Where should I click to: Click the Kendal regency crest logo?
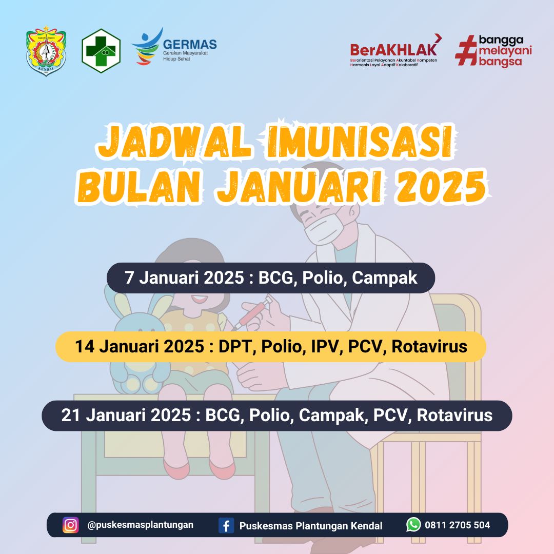(46, 51)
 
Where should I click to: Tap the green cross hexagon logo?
(101, 51)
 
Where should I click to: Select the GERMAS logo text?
(190, 45)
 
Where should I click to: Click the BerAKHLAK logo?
(395, 50)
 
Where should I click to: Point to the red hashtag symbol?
(466, 50)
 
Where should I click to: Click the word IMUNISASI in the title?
(357, 142)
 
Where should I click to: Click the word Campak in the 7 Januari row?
(384, 278)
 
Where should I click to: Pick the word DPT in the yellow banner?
(234, 346)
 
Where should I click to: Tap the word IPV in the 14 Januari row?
(324, 346)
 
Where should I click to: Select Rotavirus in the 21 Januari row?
(454, 415)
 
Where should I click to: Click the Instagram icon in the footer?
(71, 525)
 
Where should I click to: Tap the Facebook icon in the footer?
(226, 525)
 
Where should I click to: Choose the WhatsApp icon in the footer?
(414, 525)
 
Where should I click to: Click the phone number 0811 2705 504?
(457, 525)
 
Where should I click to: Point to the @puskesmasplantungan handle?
(140, 525)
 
